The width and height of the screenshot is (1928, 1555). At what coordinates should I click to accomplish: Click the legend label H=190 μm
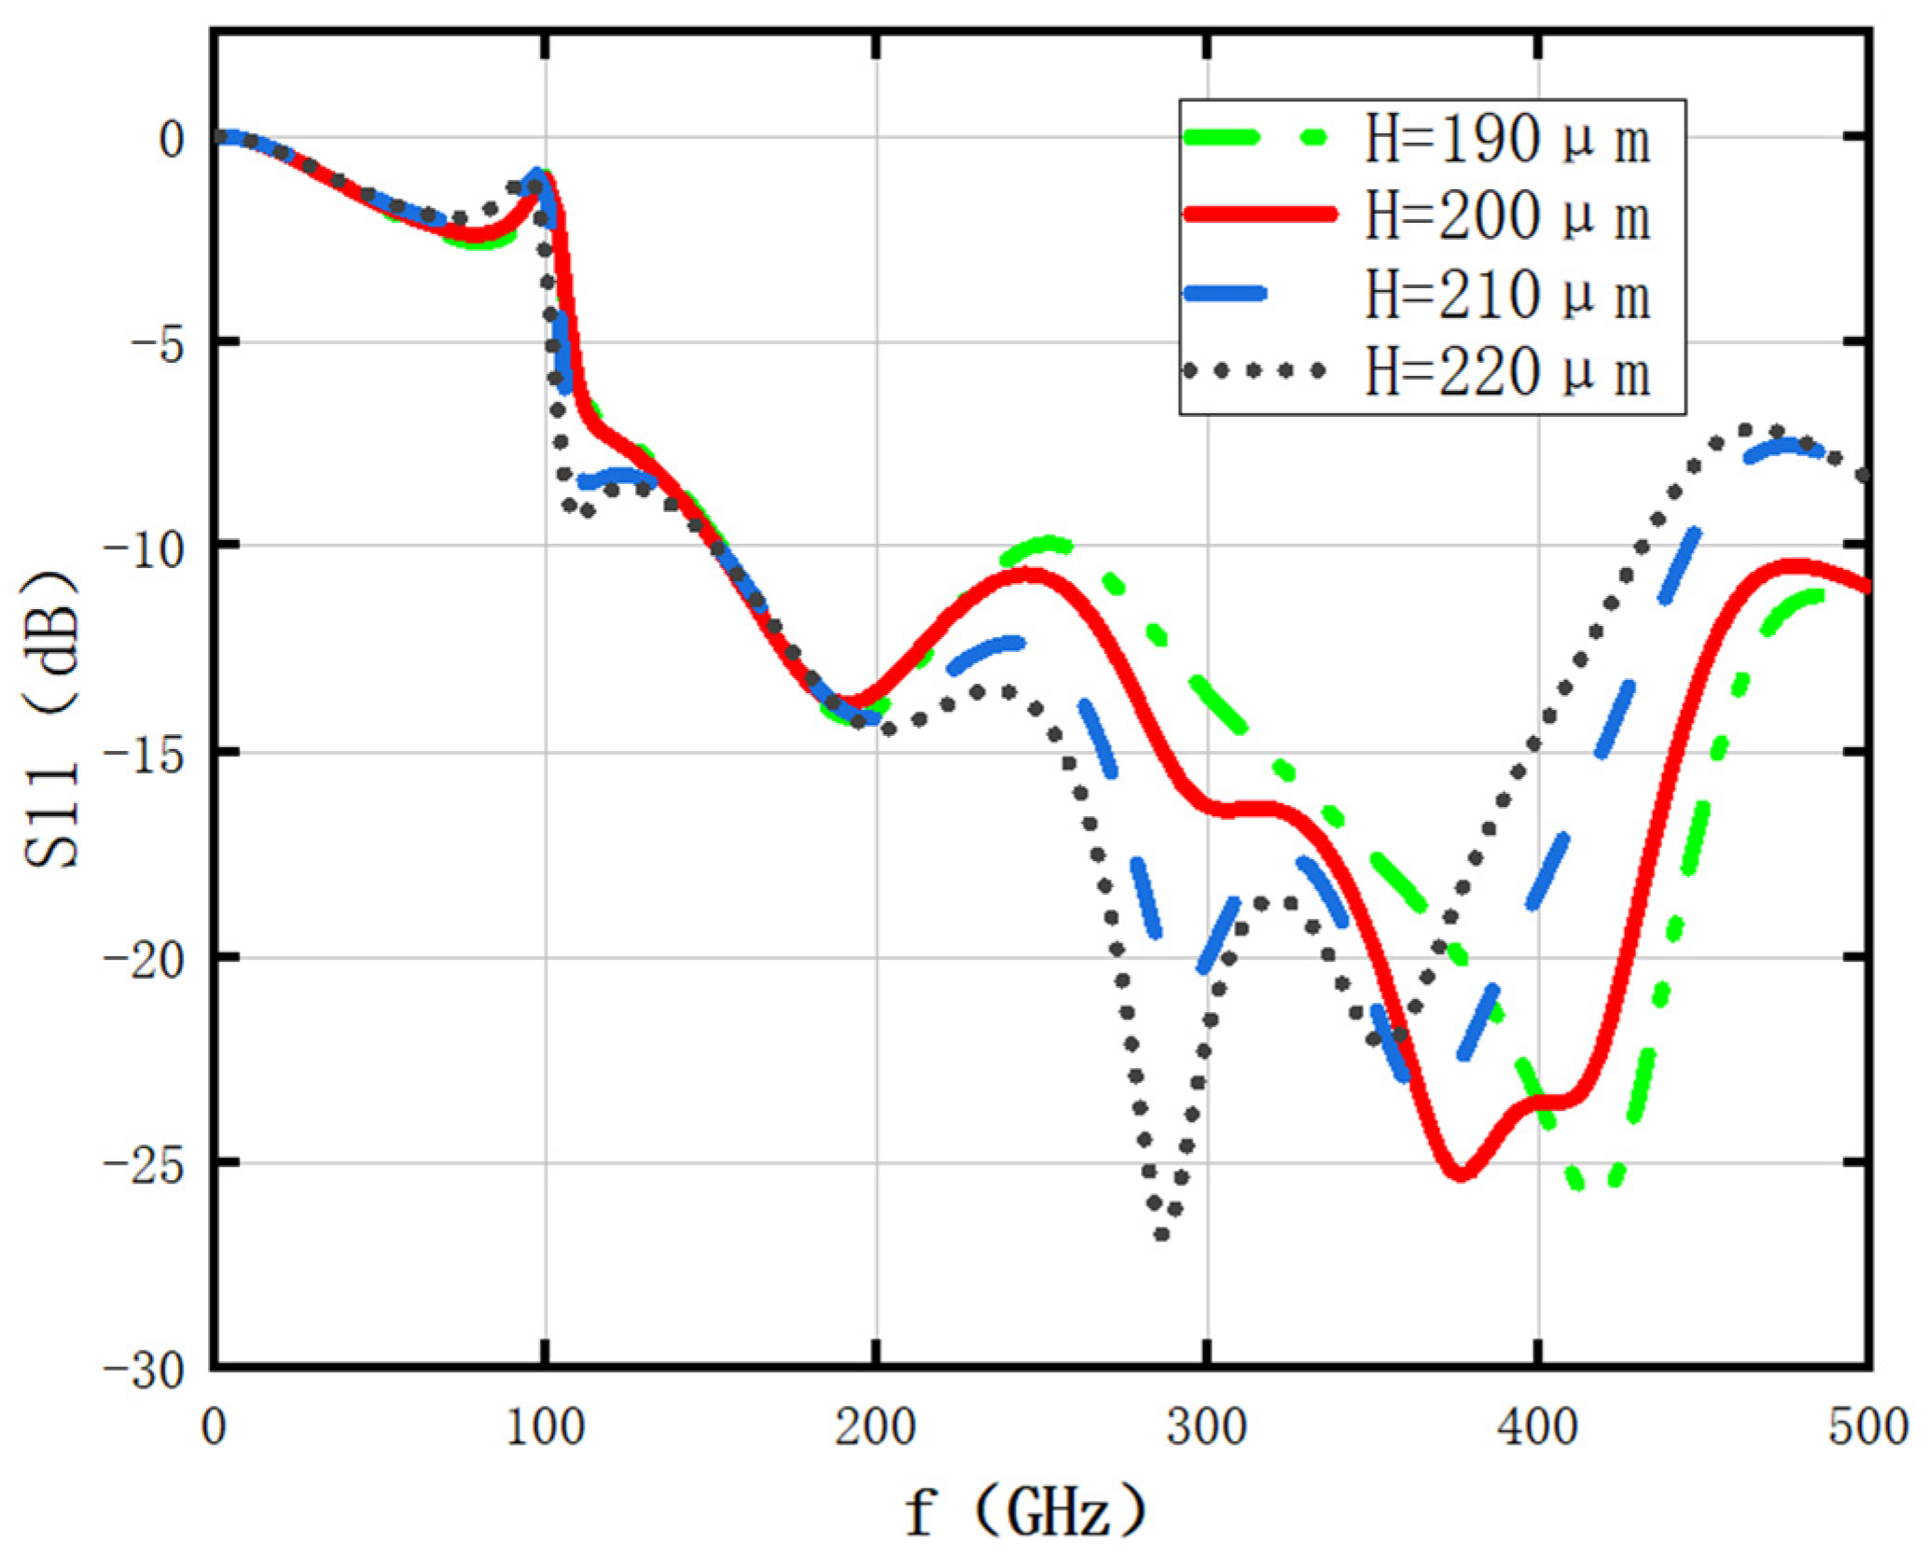[x=1507, y=140]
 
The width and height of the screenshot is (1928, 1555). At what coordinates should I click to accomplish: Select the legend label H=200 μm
[x=1507, y=216]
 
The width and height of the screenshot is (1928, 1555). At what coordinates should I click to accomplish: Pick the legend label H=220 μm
[x=1507, y=372]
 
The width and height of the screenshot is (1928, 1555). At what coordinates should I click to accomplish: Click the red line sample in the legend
[x=1258, y=215]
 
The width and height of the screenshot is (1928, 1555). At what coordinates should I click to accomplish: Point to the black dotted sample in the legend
[x=1254, y=370]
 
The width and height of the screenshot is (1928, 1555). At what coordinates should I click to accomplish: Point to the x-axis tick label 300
[x=1207, y=1427]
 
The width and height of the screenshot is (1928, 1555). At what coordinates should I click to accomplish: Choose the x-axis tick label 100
[x=545, y=1427]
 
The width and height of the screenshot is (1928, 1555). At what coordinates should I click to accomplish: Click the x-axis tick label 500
[x=1868, y=1427]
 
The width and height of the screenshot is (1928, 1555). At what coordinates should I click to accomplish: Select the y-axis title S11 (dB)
[x=51, y=718]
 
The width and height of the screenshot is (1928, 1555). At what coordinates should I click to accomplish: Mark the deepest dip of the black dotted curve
[x=1162, y=1233]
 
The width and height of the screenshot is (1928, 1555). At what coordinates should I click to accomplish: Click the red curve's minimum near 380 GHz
[x=1461, y=1174]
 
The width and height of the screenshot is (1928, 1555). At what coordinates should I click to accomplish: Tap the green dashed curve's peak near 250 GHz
[x=1051, y=543]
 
